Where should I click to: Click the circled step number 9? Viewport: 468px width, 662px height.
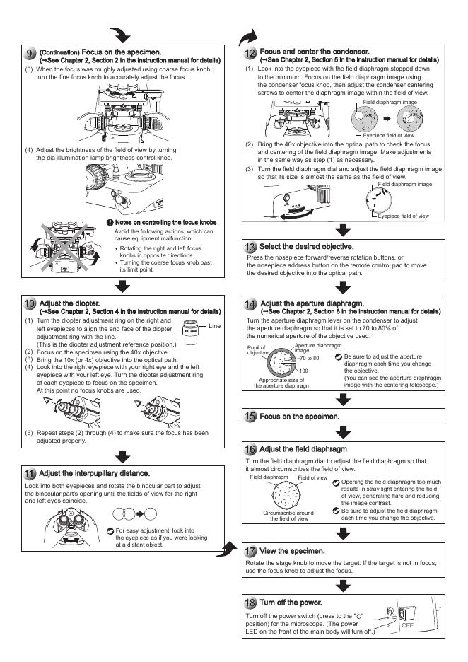29,53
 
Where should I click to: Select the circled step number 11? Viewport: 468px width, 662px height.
29,470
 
